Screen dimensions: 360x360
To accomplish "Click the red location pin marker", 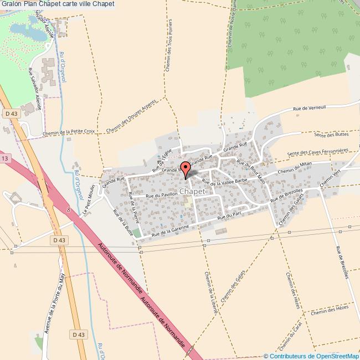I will pos(186,168).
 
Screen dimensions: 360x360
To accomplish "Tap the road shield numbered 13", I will pos(5,158).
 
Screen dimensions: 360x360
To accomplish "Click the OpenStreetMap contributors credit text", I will pos(313,356).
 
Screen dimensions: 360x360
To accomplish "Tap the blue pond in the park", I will pos(28,32).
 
